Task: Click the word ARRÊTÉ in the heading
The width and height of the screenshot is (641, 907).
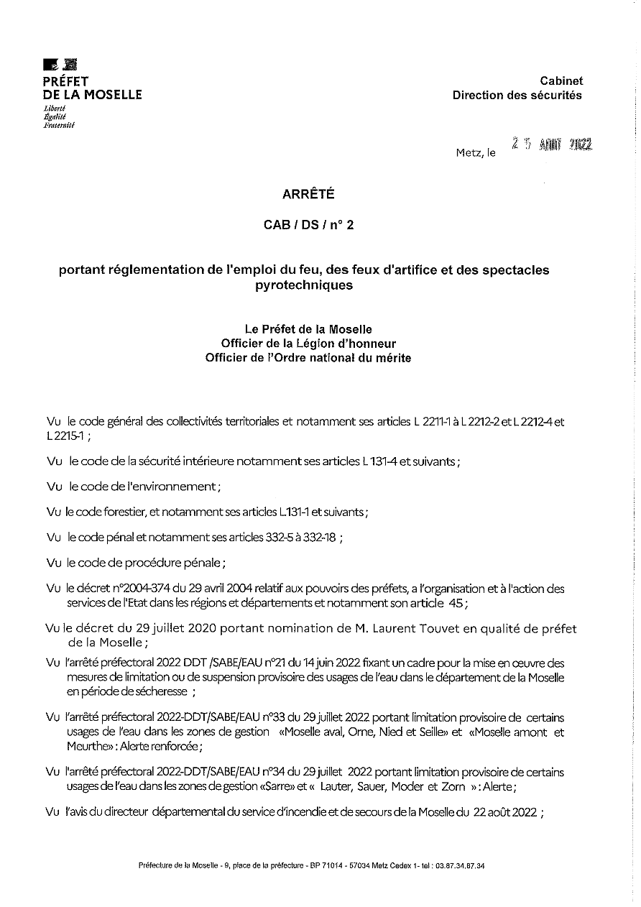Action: pyautogui.click(x=308, y=194)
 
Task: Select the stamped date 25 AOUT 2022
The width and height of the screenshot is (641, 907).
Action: pyautogui.click(x=551, y=144)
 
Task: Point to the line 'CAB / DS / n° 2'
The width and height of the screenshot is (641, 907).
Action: pyautogui.click(x=309, y=226)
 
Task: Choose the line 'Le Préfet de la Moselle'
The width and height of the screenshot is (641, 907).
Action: pyautogui.click(x=308, y=330)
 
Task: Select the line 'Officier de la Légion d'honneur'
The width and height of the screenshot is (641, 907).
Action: pyautogui.click(x=308, y=344)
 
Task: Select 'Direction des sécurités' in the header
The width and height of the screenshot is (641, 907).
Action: pyautogui.click(x=517, y=96)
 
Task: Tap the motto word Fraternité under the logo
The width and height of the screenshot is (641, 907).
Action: pyautogui.click(x=59, y=124)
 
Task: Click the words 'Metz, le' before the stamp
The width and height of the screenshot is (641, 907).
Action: pyautogui.click(x=476, y=152)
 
